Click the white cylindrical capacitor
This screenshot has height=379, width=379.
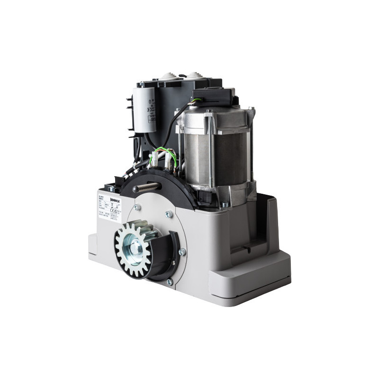144,108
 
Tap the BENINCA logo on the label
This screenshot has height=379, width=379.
115,201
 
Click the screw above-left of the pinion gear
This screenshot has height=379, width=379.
136,207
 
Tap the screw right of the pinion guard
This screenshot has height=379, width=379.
182,252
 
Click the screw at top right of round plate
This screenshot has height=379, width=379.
168,214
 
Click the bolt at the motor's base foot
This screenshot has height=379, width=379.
224,205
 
